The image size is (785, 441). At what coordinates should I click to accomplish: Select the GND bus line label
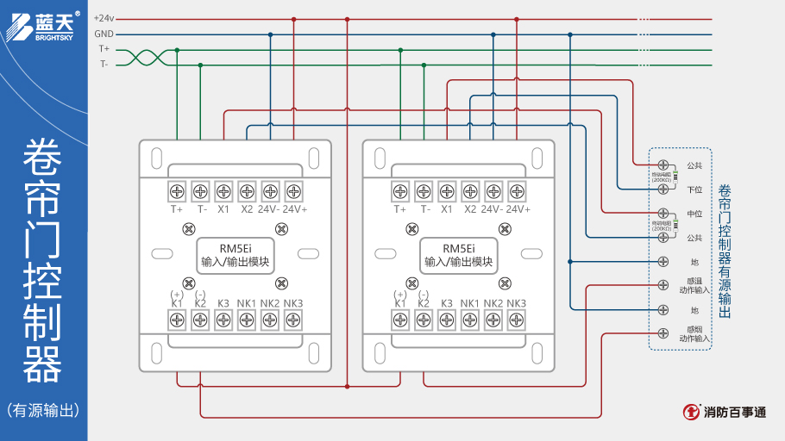pyautogui.click(x=104, y=34)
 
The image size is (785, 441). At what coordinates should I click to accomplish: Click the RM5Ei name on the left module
pyautogui.click(x=235, y=248)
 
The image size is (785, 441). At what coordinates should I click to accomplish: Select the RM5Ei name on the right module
pyautogui.click(x=458, y=248)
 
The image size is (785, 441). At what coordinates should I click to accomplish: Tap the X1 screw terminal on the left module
pyautogui.click(x=223, y=190)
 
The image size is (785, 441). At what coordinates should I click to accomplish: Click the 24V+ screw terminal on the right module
pyautogui.click(x=517, y=190)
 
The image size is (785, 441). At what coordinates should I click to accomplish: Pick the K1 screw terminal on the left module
pyautogui.click(x=177, y=320)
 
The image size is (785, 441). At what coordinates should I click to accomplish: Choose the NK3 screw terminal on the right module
pyautogui.click(x=517, y=320)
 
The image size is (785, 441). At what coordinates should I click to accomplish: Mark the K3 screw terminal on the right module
pyautogui.click(x=447, y=320)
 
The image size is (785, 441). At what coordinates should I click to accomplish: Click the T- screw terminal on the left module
pyautogui.click(x=200, y=190)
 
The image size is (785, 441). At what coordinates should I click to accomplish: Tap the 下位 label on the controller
pyautogui.click(x=694, y=189)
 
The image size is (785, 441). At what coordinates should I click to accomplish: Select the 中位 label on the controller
pyautogui.click(x=694, y=213)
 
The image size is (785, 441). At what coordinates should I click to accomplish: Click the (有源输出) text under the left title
pyautogui.click(x=43, y=410)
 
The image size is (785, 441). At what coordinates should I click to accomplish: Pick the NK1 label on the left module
pyautogui.click(x=246, y=303)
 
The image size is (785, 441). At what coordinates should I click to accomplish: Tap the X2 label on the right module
pyautogui.click(x=470, y=209)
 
